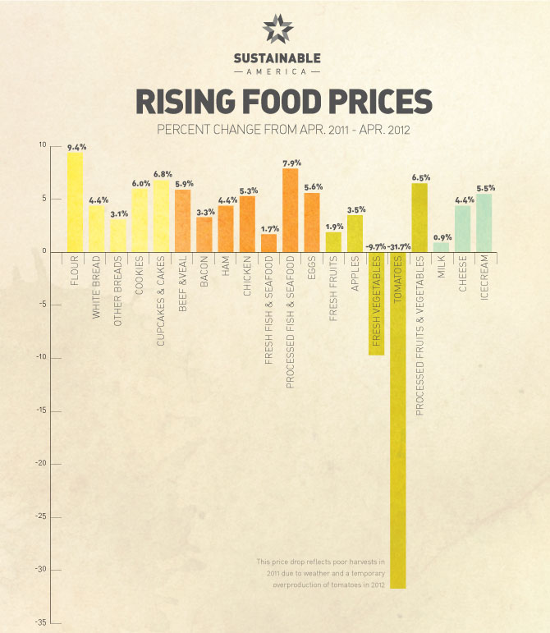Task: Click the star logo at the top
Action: click(276, 30)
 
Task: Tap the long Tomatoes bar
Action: click(397, 427)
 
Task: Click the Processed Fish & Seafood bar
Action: click(290, 210)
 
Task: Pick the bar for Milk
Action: click(441, 247)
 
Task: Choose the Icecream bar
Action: click(484, 222)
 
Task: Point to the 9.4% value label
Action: click(76, 147)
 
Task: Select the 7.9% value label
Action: click(291, 163)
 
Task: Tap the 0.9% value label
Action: click(442, 237)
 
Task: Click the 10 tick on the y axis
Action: click(43, 145)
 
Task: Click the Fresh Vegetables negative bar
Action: click(376, 304)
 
